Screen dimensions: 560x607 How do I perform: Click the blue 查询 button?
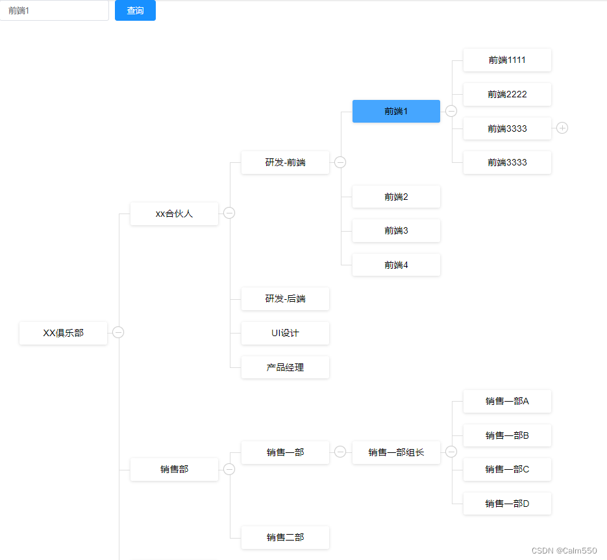pyautogui.click(x=135, y=10)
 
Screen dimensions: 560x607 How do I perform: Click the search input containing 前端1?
pyautogui.click(x=54, y=10)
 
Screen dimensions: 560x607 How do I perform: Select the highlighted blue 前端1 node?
pyautogui.click(x=396, y=111)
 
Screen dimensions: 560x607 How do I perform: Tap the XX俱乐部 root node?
pyautogui.click(x=63, y=333)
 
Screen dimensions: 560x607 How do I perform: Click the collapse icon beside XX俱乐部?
pyautogui.click(x=118, y=332)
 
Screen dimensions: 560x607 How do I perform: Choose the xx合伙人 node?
pyautogui.click(x=174, y=213)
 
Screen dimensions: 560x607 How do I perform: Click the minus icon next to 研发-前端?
pyautogui.click(x=340, y=162)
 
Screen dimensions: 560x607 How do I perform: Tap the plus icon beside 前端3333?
pyautogui.click(x=562, y=128)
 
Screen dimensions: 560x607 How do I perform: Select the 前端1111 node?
pyautogui.click(x=507, y=60)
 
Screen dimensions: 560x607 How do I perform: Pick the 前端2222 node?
pyautogui.click(x=507, y=94)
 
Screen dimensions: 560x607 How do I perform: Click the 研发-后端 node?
pyautogui.click(x=285, y=298)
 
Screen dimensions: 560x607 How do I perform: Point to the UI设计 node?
pyautogui.click(x=285, y=333)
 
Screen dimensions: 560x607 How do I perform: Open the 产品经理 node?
pyautogui.click(x=285, y=367)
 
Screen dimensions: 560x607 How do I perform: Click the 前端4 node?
pyautogui.click(x=396, y=265)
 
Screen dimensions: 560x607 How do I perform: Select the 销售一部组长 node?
pyautogui.click(x=396, y=452)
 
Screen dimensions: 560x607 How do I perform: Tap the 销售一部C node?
pyautogui.click(x=507, y=469)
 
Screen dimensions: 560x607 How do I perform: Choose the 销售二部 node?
pyautogui.click(x=285, y=537)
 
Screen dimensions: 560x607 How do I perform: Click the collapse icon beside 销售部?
pyautogui.click(x=229, y=469)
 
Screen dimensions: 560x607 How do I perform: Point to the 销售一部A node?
pyautogui.click(x=507, y=401)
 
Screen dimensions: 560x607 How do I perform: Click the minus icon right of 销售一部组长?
pyautogui.click(x=451, y=452)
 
